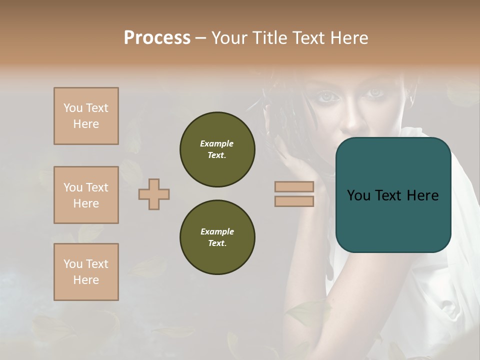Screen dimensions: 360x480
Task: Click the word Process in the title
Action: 157,38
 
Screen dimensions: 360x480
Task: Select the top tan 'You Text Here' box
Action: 86,116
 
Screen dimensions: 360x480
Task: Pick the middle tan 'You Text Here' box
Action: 86,195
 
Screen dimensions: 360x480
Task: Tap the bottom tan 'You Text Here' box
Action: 86,272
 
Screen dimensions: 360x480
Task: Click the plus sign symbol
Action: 154,194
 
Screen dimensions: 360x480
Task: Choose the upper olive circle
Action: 217,149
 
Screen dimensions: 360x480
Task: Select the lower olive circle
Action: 217,237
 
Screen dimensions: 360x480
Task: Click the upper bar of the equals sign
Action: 294,186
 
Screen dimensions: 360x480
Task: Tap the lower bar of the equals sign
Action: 294,201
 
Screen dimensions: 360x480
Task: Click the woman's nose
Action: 352,117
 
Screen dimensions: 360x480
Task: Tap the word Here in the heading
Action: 348,38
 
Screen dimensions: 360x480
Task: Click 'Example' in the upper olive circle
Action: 216,143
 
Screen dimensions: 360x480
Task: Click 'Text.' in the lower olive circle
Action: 216,243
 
